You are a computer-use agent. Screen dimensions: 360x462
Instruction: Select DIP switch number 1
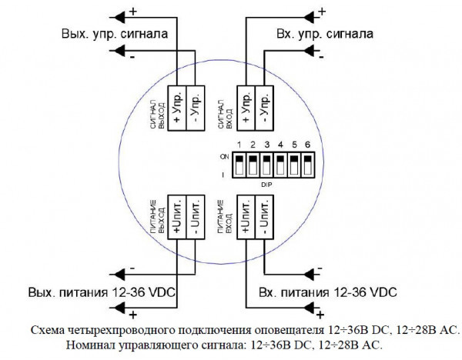point(239,164)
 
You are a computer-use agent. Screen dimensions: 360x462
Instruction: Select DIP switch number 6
point(306,164)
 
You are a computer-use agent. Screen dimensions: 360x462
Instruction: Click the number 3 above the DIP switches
point(266,145)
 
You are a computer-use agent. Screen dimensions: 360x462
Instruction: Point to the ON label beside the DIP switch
point(224,156)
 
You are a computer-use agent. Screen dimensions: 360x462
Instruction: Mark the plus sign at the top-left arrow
point(133,11)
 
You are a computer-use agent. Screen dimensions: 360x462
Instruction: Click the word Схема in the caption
point(48,329)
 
